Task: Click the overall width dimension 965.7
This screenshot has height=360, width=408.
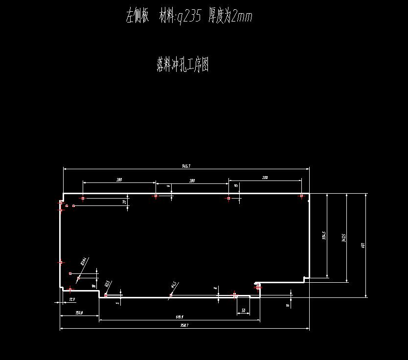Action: [x=186, y=166]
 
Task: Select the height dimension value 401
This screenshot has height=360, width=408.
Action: [x=363, y=245]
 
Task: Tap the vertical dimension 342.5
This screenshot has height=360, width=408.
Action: [x=344, y=238]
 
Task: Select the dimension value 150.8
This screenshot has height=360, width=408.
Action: [x=79, y=313]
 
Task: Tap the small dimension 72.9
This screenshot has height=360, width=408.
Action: [x=72, y=299]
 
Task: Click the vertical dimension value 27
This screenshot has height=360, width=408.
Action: [x=124, y=202]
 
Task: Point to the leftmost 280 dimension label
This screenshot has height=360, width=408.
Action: [x=119, y=180]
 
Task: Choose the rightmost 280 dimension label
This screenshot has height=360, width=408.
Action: [x=265, y=178]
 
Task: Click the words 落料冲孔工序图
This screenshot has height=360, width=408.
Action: [x=183, y=65]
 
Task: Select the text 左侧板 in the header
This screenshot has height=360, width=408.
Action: [x=137, y=17]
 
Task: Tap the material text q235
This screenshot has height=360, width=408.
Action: [x=188, y=17]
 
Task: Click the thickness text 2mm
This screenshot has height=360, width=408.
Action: [x=242, y=17]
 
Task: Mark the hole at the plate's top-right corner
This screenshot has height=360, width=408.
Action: [x=301, y=196]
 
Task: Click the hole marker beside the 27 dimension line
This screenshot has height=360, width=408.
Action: [x=83, y=199]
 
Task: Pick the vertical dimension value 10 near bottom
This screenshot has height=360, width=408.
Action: [x=288, y=305]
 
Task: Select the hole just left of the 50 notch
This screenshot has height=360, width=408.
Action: [x=235, y=295]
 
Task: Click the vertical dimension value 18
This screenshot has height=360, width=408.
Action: [x=93, y=286]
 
